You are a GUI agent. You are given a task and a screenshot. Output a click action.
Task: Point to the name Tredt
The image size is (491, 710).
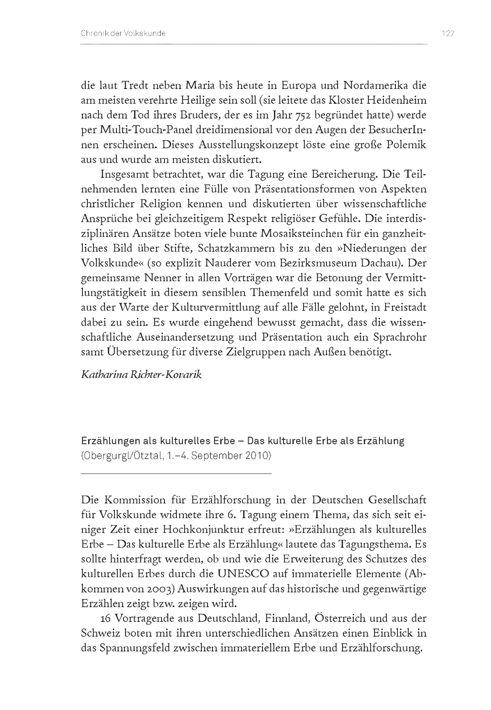pos(135,85)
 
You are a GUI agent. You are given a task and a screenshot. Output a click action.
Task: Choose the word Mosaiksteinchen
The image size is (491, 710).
pos(315,233)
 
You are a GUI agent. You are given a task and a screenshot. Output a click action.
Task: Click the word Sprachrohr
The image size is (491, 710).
pos(400,337)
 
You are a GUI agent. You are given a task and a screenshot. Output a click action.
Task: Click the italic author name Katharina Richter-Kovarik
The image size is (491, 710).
pos(141,374)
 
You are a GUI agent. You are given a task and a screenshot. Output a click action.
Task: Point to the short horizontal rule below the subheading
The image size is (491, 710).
pos(176,474)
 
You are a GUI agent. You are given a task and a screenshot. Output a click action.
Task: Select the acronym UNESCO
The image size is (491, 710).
pos(243,574)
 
